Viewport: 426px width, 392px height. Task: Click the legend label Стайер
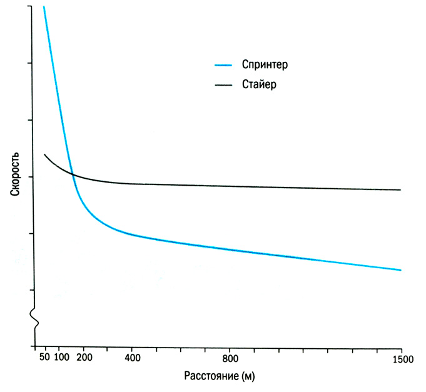258,84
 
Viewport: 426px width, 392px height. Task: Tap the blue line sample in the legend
224,65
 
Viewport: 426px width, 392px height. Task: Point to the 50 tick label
44,358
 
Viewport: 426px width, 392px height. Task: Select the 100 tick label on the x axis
61,358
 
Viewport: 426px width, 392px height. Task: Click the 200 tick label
84,358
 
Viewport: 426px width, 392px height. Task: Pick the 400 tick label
132,358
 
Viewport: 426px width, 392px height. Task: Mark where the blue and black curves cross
73,174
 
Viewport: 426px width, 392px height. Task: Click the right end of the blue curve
400,270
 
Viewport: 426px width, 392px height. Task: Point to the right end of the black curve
400,189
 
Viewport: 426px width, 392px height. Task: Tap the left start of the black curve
44,154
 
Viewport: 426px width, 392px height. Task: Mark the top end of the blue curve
44,7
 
